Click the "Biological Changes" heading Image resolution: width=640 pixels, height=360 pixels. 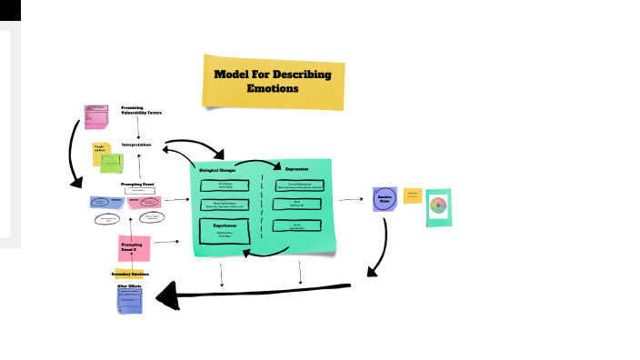click(219, 170)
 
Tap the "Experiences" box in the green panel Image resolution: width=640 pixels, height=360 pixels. click(225, 229)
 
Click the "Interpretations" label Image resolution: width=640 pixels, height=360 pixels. click(142, 145)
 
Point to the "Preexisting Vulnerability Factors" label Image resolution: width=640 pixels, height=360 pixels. click(142, 110)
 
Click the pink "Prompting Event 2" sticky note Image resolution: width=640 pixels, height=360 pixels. click(133, 246)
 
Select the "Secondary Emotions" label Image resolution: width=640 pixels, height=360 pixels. click(132, 274)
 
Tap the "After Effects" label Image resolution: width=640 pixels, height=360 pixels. click(129, 286)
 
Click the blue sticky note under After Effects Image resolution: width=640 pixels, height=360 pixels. click(131, 301)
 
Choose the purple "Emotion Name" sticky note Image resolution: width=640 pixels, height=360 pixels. click(385, 200)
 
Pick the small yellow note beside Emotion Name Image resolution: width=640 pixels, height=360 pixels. click(412, 195)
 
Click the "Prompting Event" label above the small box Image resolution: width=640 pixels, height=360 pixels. click(138, 183)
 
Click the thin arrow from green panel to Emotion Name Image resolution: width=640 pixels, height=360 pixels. click(350, 200)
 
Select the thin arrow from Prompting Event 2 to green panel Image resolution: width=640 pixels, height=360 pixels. click(165, 243)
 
